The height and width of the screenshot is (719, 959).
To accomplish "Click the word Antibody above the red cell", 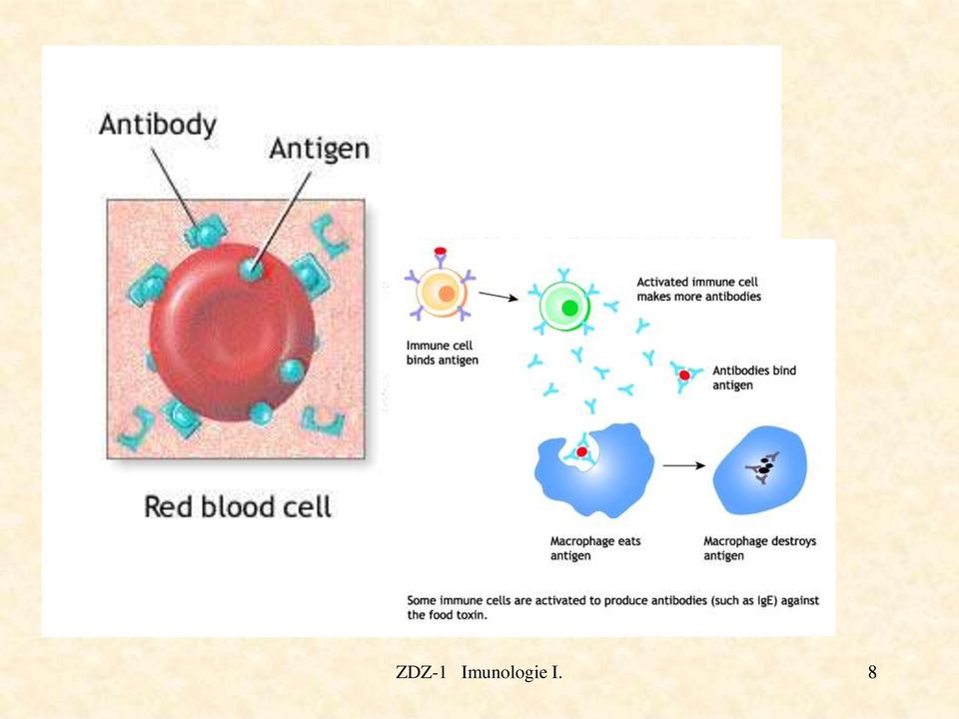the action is (x=158, y=125).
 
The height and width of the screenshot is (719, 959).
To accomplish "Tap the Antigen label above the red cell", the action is (x=320, y=149).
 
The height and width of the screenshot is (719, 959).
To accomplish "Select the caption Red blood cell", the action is (x=238, y=507).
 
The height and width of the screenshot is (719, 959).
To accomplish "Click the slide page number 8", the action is (x=872, y=672).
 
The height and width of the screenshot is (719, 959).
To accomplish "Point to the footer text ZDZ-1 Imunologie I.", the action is (x=479, y=672).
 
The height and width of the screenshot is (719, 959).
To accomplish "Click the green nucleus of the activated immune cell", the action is (x=570, y=308).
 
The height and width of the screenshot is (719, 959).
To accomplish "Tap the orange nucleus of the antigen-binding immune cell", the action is (x=447, y=294).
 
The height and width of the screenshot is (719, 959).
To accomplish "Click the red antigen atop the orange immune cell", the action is (x=441, y=251).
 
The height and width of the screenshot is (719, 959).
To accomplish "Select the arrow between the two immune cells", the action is (x=498, y=297).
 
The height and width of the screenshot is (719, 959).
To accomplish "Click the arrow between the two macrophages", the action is (x=684, y=466).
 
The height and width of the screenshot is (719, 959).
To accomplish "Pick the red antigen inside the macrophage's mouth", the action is (x=582, y=451).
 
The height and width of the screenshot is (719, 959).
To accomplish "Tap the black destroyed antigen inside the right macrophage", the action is (x=763, y=468).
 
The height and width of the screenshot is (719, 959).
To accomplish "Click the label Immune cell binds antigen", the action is (x=443, y=353).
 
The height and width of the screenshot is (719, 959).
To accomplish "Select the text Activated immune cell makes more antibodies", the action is (x=699, y=290).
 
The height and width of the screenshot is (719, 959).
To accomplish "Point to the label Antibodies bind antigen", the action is (x=754, y=377).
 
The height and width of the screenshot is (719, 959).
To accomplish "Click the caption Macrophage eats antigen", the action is (x=595, y=548).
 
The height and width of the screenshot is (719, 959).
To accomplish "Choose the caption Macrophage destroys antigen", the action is (x=759, y=548).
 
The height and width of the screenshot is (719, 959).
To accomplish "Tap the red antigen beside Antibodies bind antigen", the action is (x=684, y=375).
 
